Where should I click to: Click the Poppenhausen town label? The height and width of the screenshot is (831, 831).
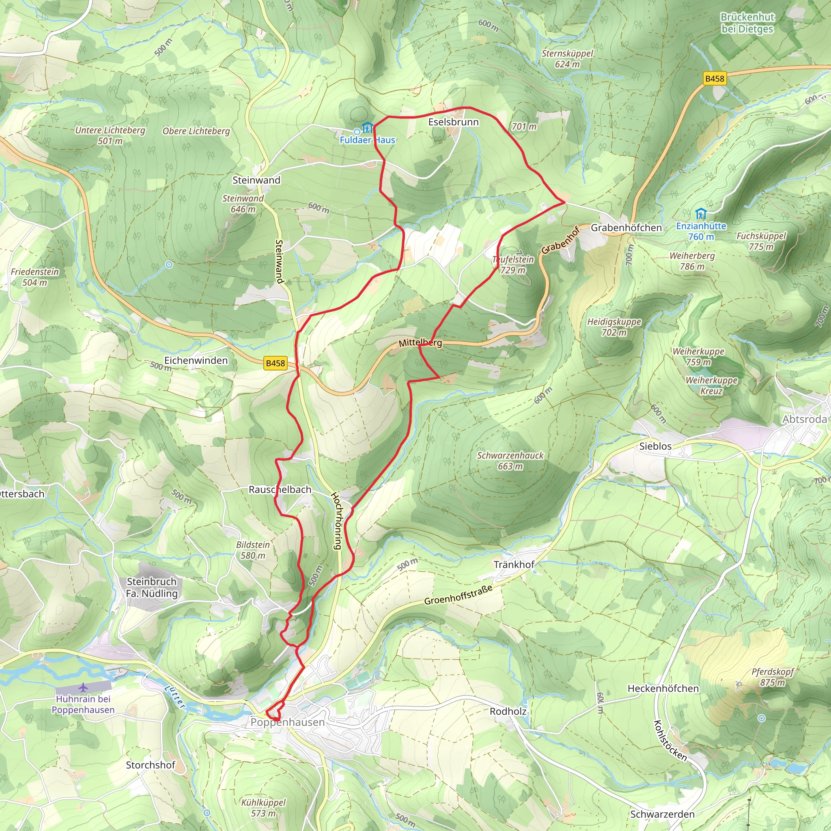[287, 722]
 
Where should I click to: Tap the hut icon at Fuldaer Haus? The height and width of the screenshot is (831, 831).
[367, 128]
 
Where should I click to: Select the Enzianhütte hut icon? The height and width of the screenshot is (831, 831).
[701, 214]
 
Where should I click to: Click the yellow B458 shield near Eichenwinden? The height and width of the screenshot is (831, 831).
[275, 363]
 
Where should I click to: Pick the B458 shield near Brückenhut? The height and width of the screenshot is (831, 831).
[715, 78]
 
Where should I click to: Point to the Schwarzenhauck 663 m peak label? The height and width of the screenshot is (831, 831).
[510, 461]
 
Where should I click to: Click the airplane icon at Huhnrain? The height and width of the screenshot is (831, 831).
[83, 688]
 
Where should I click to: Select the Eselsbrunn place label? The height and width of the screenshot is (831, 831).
[453, 122]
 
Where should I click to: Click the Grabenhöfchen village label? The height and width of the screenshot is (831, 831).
[626, 228]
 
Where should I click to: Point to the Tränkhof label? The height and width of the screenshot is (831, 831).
[514, 564]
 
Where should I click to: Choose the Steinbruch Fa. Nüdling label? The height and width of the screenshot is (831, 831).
[151, 588]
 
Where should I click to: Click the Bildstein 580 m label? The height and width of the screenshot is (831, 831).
[253, 550]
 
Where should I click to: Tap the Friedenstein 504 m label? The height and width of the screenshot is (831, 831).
[35, 277]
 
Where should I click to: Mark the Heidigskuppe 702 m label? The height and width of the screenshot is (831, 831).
[614, 327]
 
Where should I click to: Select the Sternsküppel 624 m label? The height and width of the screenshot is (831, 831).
[567, 59]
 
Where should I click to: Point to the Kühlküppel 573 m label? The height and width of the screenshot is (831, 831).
[263, 808]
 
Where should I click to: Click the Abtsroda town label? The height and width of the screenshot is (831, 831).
[804, 419]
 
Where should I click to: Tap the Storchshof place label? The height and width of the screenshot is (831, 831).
[151, 765]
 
